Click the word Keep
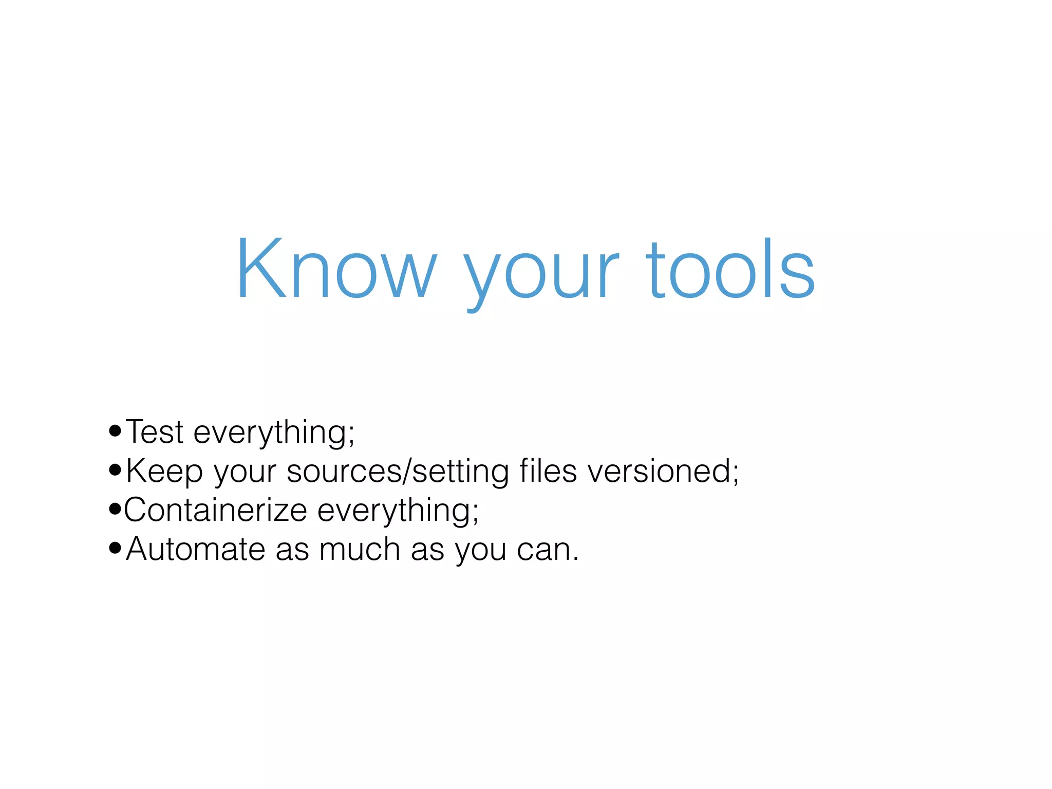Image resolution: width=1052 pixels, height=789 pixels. [x=164, y=472]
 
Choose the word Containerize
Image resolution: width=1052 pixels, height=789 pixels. [x=215, y=510]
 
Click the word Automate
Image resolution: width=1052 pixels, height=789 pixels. [x=195, y=549]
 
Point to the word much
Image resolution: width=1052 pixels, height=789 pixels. [x=359, y=549]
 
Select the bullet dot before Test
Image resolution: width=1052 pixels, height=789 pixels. [x=115, y=431]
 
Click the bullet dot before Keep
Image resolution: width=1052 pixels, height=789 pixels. [x=115, y=470]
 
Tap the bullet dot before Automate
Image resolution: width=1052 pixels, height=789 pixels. [x=115, y=548]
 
